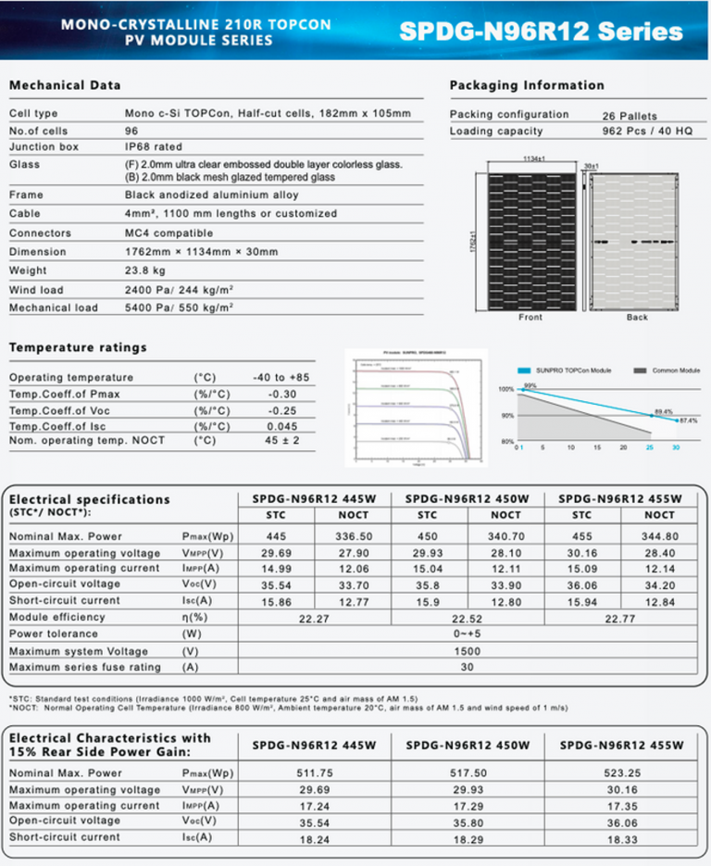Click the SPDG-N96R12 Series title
point(541,31)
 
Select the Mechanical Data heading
point(65,85)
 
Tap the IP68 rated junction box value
point(154,146)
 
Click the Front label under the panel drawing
point(530,318)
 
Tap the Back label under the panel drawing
point(637,318)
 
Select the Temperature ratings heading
point(78,347)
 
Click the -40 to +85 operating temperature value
point(281,378)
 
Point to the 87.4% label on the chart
point(689,420)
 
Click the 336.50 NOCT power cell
point(354,536)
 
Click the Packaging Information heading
point(527,85)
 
